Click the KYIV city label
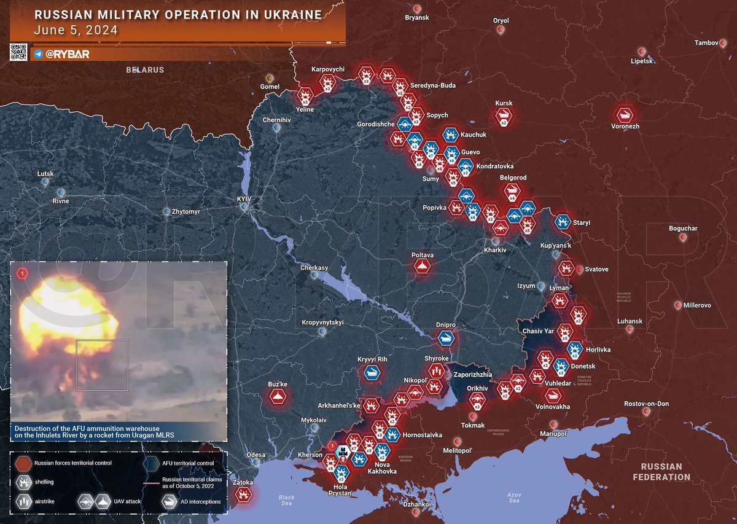[244, 199]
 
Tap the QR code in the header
[18, 52]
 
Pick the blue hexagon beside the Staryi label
[562, 222]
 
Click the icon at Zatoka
[244, 494]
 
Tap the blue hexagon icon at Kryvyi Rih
[372, 373]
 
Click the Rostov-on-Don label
[646, 404]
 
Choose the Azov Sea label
[514, 497]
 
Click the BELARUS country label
[145, 70]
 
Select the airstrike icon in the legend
[23, 501]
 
